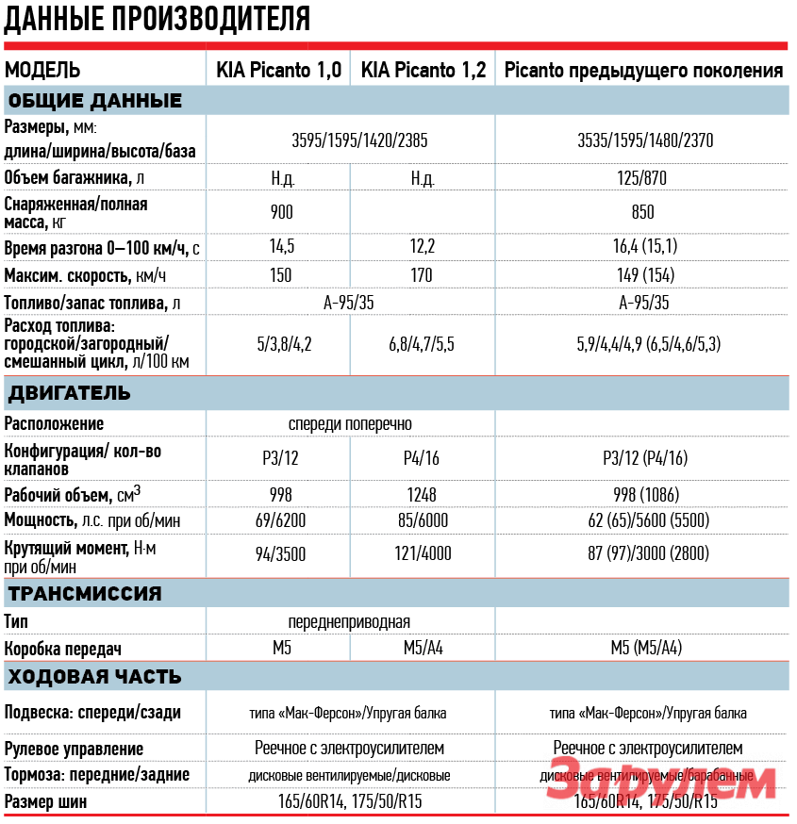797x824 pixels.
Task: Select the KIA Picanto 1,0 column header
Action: [x=278, y=71]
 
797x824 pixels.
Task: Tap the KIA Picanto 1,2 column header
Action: [x=423, y=71]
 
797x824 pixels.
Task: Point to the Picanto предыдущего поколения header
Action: [x=644, y=71]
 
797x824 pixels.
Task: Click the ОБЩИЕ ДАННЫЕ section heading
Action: [x=93, y=101]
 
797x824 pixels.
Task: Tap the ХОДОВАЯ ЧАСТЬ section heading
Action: [x=93, y=677]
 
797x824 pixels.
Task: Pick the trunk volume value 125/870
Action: [x=645, y=177]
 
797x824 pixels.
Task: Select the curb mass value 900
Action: [x=281, y=212]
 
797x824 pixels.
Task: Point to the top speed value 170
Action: [x=422, y=275]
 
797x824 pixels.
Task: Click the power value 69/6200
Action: [x=280, y=520]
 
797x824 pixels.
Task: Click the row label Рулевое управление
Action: [x=74, y=749]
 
